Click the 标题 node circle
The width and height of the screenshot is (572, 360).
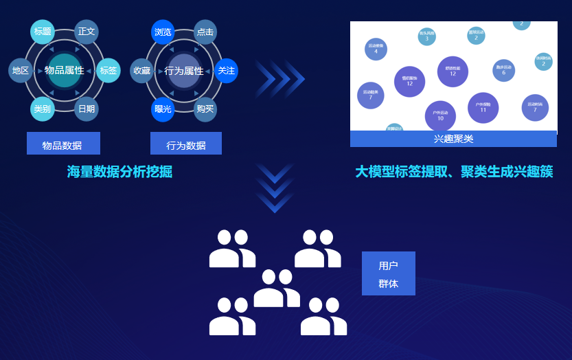(x=43, y=32)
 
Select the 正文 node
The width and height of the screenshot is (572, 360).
(x=87, y=32)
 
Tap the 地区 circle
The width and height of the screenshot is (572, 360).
(x=21, y=71)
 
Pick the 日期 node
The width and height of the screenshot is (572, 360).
(x=87, y=109)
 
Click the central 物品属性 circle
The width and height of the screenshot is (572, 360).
(x=65, y=70)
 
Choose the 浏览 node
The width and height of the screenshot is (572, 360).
(x=163, y=32)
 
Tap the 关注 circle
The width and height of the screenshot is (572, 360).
(x=226, y=71)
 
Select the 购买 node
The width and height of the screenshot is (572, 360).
(x=205, y=109)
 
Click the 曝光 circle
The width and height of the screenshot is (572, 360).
(x=163, y=109)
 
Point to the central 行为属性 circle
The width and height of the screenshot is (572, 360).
(x=184, y=71)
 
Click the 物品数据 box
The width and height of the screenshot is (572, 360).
(x=63, y=144)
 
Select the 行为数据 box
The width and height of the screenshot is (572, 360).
(x=186, y=144)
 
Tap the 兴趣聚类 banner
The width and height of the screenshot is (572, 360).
(x=453, y=139)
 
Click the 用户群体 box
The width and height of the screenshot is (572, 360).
(x=388, y=273)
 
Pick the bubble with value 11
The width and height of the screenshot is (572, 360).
(x=483, y=107)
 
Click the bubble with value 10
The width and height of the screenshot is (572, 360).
(x=440, y=115)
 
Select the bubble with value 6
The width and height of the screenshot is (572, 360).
(x=503, y=70)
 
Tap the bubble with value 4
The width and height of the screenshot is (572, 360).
(x=376, y=49)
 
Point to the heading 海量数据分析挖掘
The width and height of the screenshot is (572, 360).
(x=119, y=172)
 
